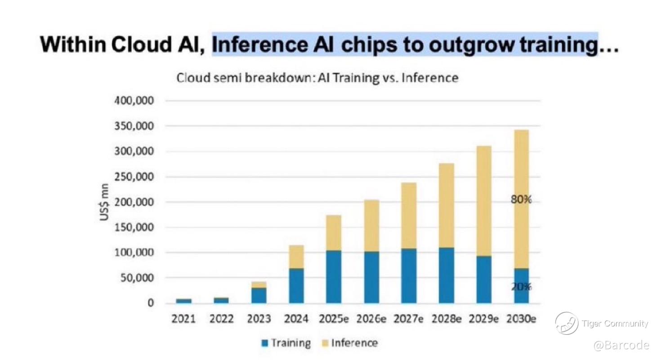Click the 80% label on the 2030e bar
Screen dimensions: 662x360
[521, 200]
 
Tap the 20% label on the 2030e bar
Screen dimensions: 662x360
[521, 286]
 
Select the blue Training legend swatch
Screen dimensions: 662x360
[265, 343]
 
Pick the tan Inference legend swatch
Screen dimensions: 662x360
[325, 343]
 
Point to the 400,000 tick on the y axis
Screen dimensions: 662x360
[134, 101]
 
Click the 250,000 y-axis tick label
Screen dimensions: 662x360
[134, 177]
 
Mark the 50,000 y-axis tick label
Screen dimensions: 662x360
[137, 278]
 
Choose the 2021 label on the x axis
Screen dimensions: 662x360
[183, 319]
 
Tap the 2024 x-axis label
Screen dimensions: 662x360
[296, 319]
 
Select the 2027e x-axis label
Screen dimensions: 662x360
[408, 319]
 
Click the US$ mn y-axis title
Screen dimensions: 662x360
[104, 202]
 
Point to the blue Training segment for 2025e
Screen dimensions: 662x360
[334, 277]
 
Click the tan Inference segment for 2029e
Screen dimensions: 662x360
[484, 201]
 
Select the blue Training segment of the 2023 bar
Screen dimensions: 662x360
[259, 296]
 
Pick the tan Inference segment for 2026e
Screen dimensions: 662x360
[371, 226]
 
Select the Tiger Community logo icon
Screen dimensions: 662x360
[567, 324]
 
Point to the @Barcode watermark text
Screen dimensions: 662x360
[622, 345]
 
